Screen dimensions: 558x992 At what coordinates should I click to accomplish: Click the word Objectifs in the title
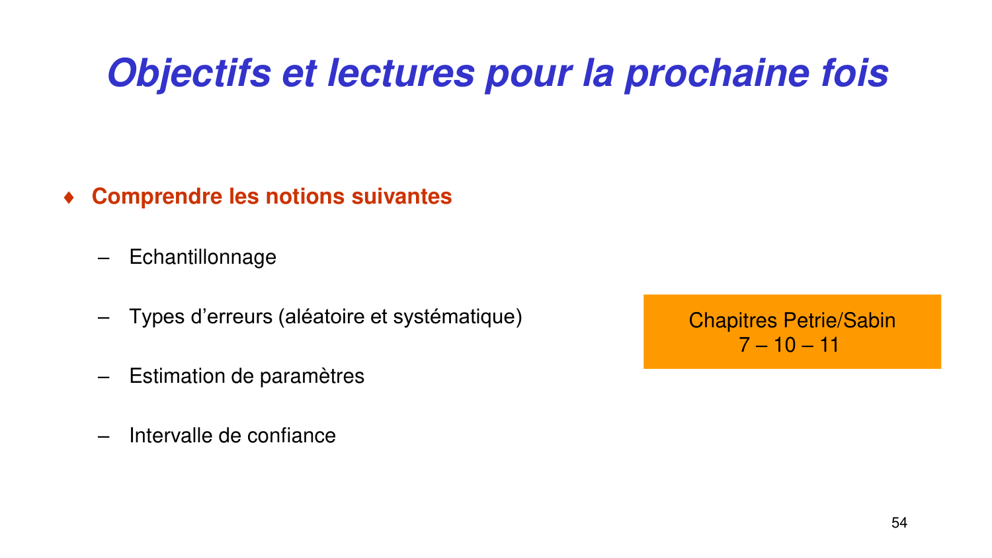(189, 73)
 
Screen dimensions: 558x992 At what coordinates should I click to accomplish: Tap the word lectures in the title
(401, 73)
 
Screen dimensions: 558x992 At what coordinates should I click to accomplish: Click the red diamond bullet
(69, 198)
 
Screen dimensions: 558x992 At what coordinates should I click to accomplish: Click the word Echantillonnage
(202, 257)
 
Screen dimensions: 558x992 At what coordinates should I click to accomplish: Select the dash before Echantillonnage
(103, 258)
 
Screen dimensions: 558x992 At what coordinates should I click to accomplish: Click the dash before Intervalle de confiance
(103, 436)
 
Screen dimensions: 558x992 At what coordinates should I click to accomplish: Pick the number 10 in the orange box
(785, 345)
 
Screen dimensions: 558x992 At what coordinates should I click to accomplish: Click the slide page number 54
(899, 523)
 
